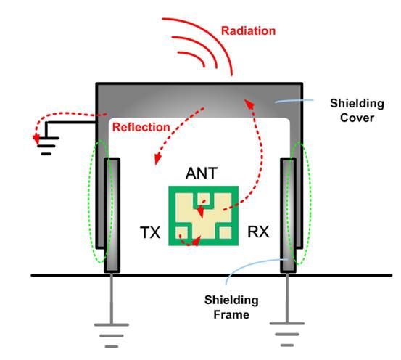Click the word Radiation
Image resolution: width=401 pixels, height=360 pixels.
pos(248,31)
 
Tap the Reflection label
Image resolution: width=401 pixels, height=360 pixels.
pos(141,127)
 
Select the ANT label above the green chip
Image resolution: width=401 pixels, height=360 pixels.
pos(202,173)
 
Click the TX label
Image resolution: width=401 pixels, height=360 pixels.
pos(150,233)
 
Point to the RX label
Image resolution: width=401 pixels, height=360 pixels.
pos(258,232)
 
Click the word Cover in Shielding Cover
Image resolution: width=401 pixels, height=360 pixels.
pos(357,118)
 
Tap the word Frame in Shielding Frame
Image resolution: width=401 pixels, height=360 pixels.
pos(231,315)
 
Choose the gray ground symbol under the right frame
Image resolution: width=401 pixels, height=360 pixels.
pos(287,334)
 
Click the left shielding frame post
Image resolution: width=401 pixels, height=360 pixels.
pos(112,215)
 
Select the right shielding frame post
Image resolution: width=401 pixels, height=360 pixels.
pos(288,215)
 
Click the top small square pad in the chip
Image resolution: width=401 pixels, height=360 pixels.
pos(203,199)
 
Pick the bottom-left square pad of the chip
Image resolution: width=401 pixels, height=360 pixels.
pos(181,233)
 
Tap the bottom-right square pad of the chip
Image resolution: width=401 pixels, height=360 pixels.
pos(226,233)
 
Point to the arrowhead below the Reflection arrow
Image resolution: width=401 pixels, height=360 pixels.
pos(157,159)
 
